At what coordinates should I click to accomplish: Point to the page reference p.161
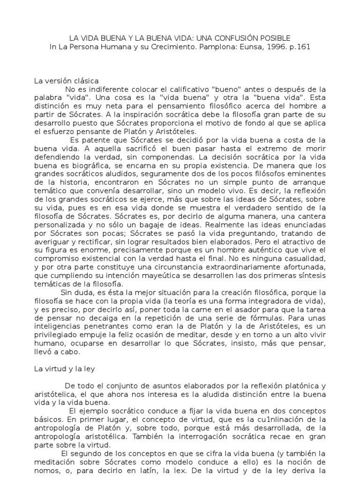click(x=298, y=47)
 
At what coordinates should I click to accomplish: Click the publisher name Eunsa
click(x=239, y=47)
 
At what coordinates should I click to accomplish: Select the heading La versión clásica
click(x=66, y=81)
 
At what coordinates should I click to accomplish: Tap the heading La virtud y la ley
click(x=65, y=369)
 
